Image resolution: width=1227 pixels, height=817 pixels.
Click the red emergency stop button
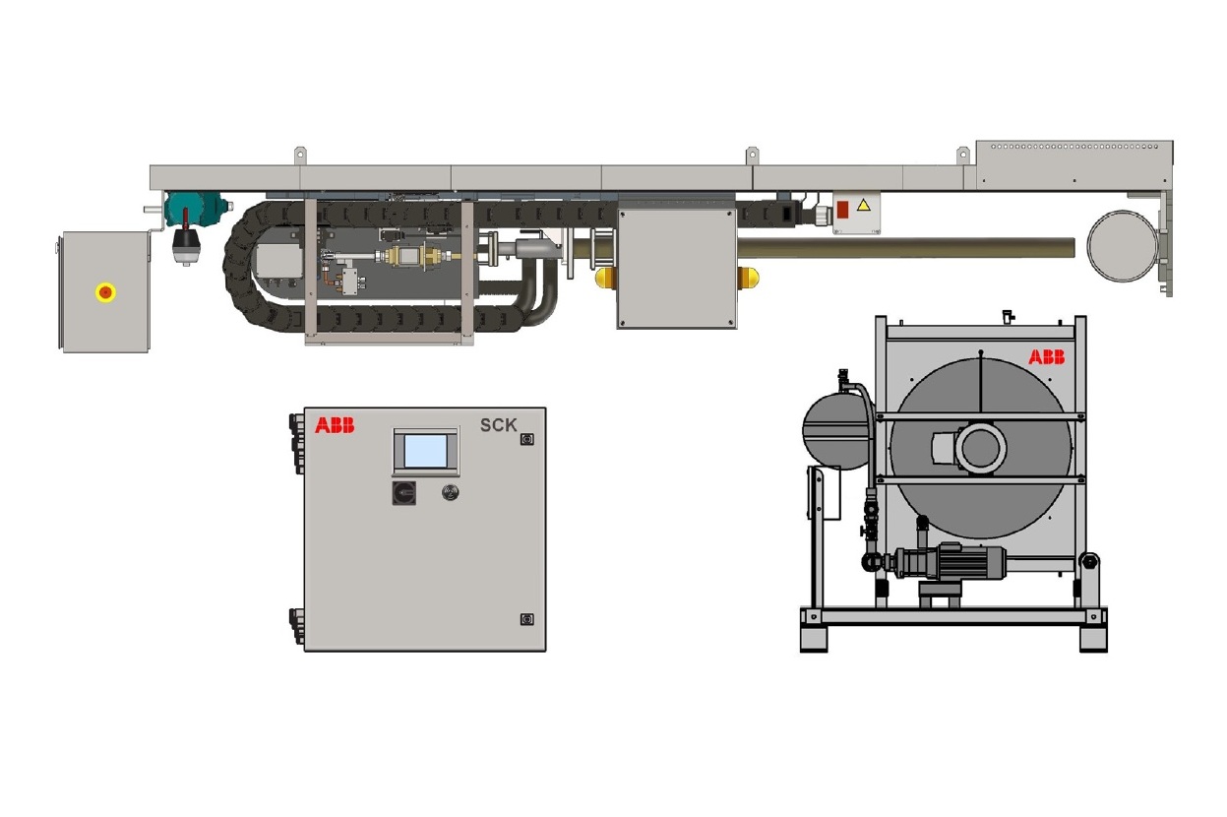(105, 292)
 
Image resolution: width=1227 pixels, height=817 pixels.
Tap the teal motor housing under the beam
(196, 209)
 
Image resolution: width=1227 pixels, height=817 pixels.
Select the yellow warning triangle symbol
(864, 206)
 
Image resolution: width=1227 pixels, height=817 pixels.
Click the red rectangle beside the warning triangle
(842, 210)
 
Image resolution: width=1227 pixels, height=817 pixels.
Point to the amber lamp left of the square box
(606, 278)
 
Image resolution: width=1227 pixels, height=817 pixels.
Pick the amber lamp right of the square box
(748, 278)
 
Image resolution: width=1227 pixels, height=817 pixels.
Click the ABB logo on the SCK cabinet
(335, 425)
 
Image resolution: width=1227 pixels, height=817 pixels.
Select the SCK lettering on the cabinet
(499, 425)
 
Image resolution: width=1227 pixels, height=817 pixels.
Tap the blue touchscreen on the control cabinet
(426, 452)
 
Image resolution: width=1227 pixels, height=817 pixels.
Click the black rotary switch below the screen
(403, 492)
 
